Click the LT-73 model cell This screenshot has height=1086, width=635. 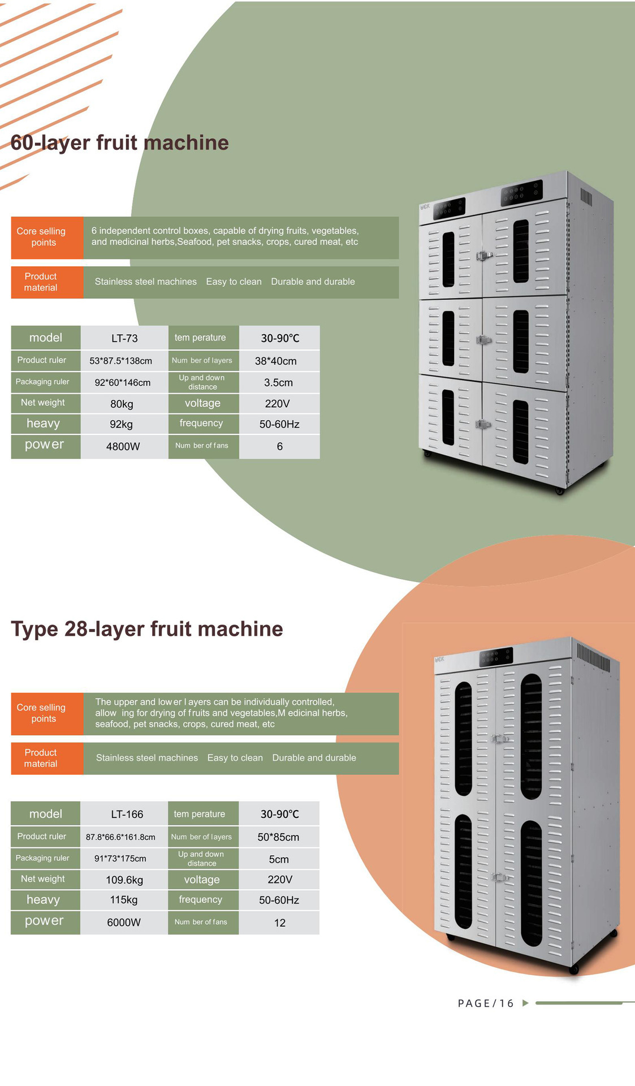(124, 338)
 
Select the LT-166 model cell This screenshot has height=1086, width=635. (127, 815)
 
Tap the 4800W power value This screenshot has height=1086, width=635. (123, 446)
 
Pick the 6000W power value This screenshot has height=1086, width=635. (124, 923)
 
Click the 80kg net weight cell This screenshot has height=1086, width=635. (122, 404)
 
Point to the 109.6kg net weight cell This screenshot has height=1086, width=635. (124, 880)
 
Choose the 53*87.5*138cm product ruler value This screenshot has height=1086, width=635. (120, 361)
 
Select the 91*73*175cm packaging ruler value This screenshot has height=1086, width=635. (120, 859)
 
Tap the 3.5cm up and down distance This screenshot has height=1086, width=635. (278, 383)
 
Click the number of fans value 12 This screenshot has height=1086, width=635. (279, 923)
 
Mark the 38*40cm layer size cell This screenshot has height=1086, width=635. (276, 361)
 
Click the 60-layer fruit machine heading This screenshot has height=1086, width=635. (120, 143)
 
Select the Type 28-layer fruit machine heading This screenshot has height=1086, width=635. (147, 629)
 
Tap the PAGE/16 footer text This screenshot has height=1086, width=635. (486, 1003)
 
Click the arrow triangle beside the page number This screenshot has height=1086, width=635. (525, 1003)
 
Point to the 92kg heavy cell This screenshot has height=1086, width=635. (121, 424)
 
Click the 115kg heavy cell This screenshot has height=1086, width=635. (124, 900)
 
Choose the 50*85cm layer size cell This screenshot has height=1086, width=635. (278, 837)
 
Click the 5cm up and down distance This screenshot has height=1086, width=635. (279, 860)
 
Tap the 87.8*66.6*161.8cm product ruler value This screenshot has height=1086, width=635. (120, 837)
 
